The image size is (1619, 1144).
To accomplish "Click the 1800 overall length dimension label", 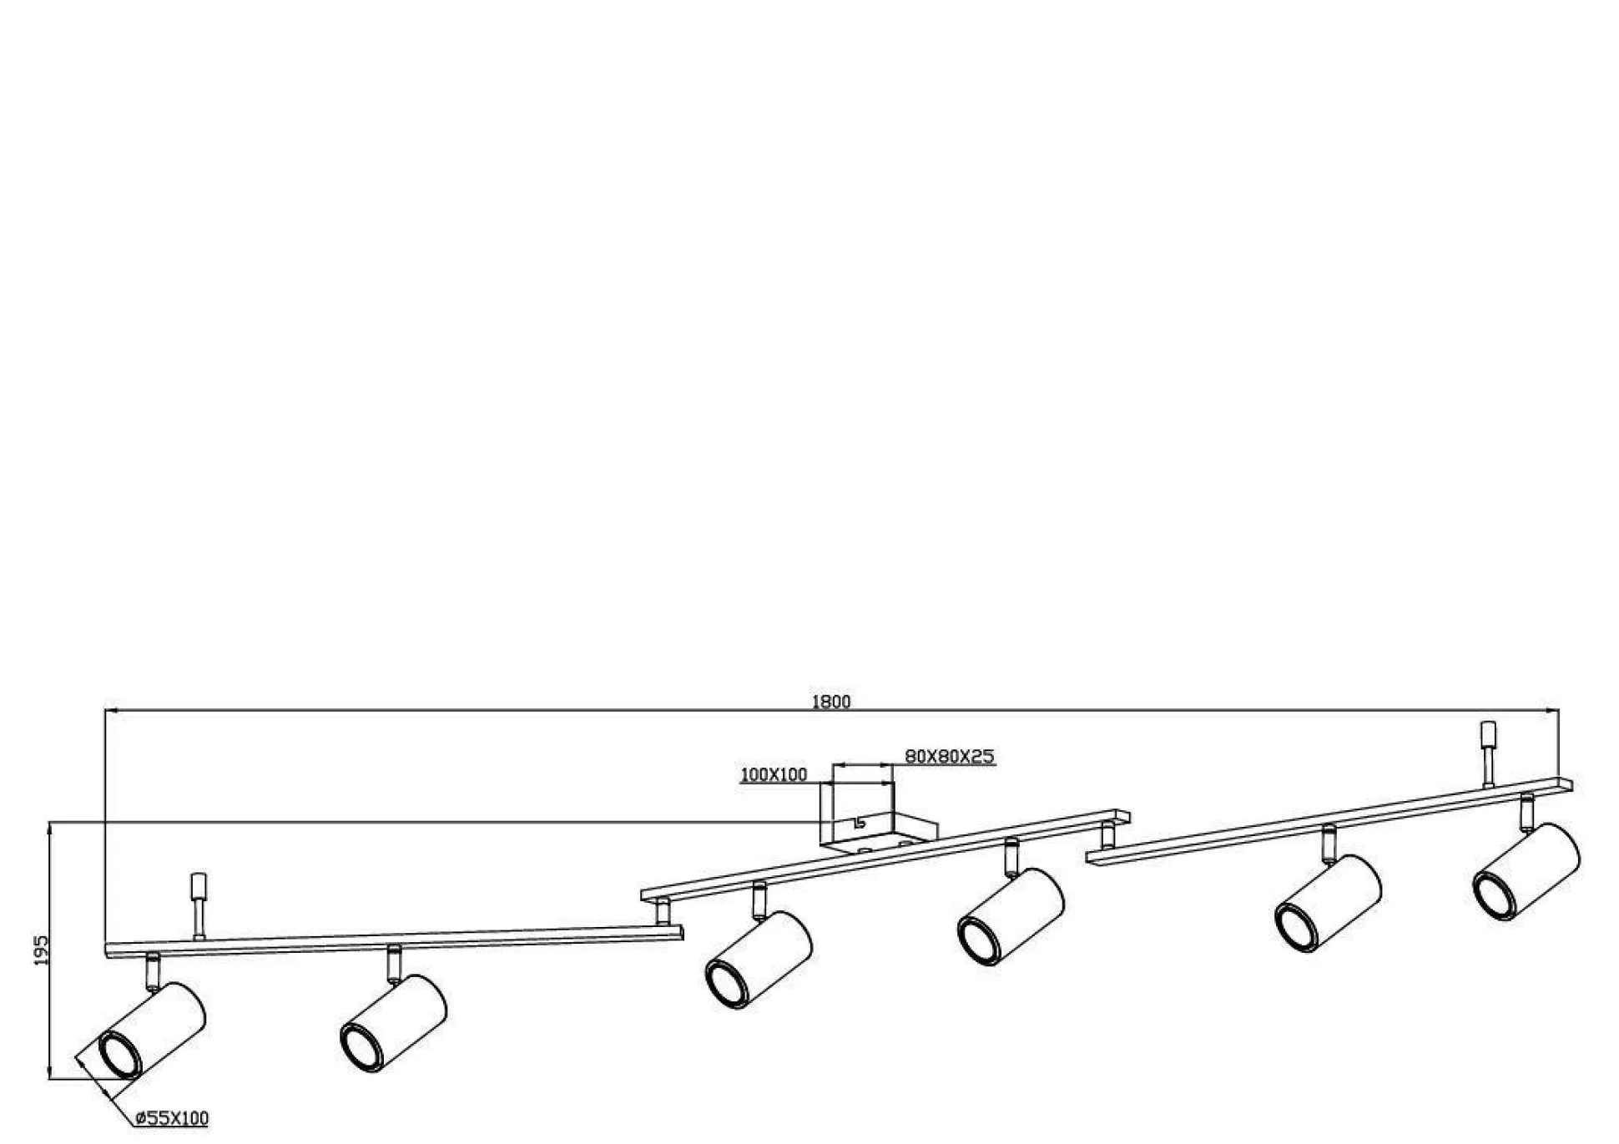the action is coord(831,702).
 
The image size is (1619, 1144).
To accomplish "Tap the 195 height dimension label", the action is coord(41,950).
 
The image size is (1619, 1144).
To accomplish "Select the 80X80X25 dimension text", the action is coord(950,757).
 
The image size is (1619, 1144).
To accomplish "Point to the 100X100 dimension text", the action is coord(774,775).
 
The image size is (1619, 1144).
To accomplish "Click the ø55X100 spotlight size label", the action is coord(172,1118).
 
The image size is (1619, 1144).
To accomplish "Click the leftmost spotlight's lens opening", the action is coord(120,1055).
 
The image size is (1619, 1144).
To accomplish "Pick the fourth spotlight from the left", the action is coord(1011,917).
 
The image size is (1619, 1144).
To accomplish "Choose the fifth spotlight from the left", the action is coord(1328,903).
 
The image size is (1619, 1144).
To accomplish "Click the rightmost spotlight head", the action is coord(1526,872).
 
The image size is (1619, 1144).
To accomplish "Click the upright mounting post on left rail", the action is coord(199,906).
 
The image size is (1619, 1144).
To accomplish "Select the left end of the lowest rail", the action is coord(108,951).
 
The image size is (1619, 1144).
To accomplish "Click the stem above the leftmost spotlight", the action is coord(152,971).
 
